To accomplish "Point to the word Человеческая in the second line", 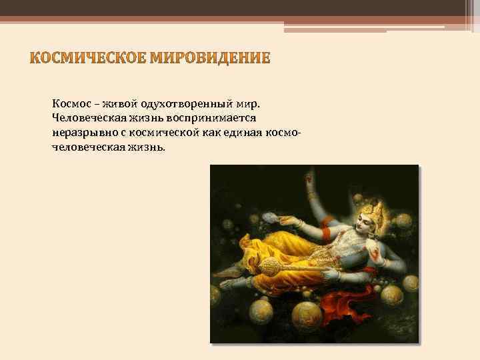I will coord(83,117).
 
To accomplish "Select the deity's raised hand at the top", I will coord(309,181).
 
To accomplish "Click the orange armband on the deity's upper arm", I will coord(325,230).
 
